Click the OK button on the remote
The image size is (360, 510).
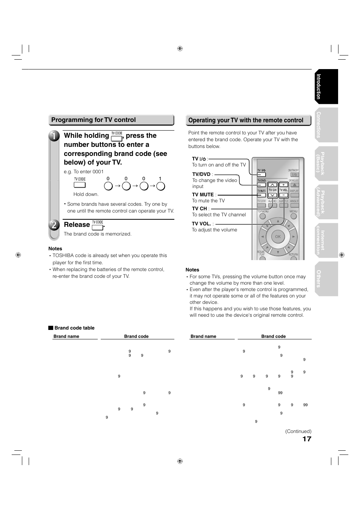click(278, 237)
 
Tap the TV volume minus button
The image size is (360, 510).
click(283, 195)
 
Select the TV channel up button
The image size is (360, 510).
click(272, 185)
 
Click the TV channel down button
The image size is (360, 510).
click(272, 195)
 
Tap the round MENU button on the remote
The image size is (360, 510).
click(294, 217)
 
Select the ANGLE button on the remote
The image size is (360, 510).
click(294, 205)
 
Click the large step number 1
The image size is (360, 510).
click(54, 136)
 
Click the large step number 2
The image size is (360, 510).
click(54, 225)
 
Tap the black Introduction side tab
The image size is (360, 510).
click(326, 86)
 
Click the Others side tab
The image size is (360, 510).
click(326, 279)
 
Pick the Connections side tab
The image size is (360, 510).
click(326, 125)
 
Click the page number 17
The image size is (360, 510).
click(307, 439)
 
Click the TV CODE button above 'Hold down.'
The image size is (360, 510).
click(80, 185)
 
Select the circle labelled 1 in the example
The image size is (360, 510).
click(161, 186)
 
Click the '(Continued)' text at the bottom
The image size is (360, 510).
click(298, 431)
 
